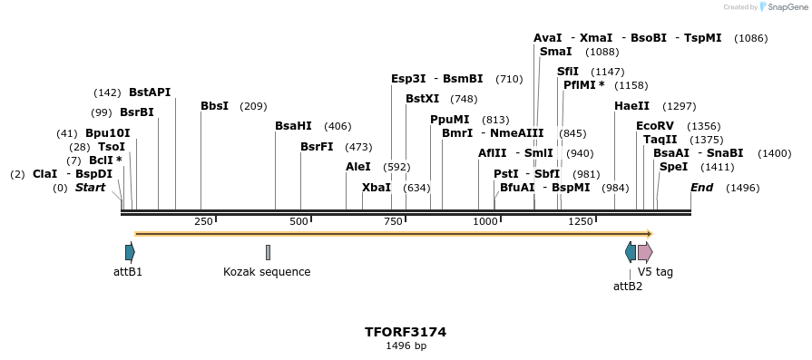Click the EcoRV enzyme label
654,126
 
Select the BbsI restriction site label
214,106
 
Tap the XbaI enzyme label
377,188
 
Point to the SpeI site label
673,167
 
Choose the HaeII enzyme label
631,106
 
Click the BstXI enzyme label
422,99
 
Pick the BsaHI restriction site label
293,126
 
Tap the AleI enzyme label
358,167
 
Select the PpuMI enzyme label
450,120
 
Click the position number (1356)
704,126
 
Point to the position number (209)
253,106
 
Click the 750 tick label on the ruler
394,221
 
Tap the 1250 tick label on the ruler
581,221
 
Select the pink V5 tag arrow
645,252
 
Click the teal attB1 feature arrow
130,252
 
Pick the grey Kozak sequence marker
268,252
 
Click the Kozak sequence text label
267,272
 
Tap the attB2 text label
628,287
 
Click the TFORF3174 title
406,332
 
